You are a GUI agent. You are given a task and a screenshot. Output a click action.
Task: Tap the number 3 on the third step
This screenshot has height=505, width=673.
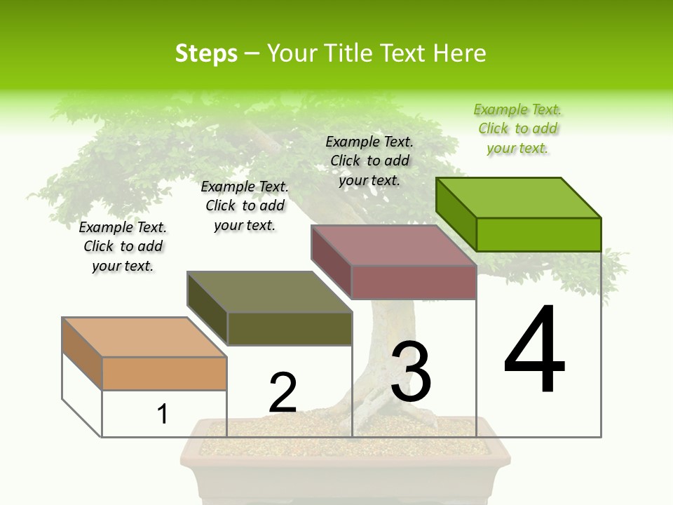pyautogui.click(x=411, y=372)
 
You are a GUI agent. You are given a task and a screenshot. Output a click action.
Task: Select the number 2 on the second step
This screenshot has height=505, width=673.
pyautogui.click(x=283, y=393)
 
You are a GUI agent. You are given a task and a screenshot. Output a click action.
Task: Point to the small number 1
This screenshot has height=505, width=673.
pyautogui.click(x=163, y=414)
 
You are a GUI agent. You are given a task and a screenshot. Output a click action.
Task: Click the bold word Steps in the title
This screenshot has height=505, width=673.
pyautogui.click(x=206, y=53)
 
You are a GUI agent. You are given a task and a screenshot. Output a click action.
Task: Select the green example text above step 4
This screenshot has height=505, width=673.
pyautogui.click(x=517, y=129)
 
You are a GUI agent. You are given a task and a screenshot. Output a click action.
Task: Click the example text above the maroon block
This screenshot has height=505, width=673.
pyautogui.click(x=369, y=161)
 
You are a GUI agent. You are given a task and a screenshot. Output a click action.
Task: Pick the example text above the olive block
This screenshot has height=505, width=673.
pyautogui.click(x=245, y=206)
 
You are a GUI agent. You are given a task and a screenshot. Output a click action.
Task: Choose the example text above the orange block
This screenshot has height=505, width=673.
pyautogui.click(x=123, y=246)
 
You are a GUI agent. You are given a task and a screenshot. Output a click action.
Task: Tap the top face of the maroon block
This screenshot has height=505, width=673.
pyautogui.click(x=393, y=245)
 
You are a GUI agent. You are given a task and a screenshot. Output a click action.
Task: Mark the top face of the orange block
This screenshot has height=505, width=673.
pyautogui.click(x=144, y=337)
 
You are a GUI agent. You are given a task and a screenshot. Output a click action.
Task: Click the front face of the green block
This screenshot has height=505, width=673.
pyautogui.click(x=538, y=234)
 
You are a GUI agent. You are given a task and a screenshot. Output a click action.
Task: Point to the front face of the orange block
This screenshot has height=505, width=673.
pyautogui.click(x=164, y=373)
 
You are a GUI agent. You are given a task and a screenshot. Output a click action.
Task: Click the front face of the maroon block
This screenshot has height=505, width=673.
pyautogui.click(x=414, y=282)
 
